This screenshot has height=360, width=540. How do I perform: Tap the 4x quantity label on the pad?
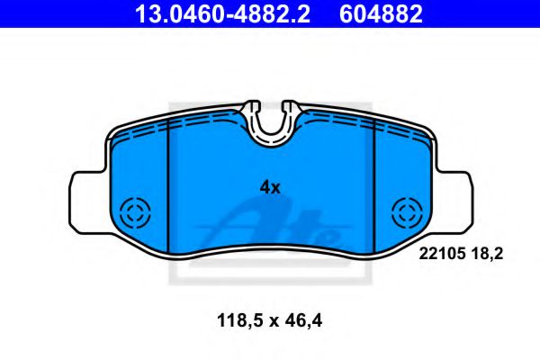tap(270, 187)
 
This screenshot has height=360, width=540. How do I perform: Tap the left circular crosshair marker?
tap(138, 214)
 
